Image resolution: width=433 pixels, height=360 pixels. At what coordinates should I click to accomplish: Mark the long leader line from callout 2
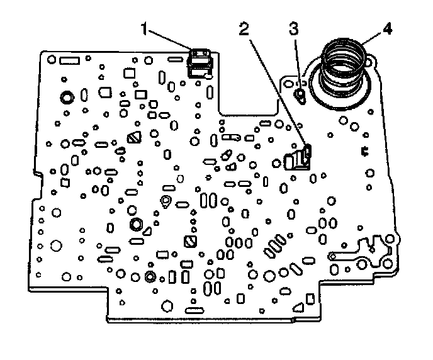point(277,88)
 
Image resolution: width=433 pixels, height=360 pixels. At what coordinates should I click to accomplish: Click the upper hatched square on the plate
point(133,138)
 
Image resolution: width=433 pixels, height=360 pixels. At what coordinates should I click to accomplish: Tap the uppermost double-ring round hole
point(65,98)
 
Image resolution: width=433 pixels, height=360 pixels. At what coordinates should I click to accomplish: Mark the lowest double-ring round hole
point(150,277)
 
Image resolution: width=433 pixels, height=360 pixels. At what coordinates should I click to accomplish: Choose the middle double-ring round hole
point(135,225)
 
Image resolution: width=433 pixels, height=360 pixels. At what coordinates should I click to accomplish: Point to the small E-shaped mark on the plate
point(364,152)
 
